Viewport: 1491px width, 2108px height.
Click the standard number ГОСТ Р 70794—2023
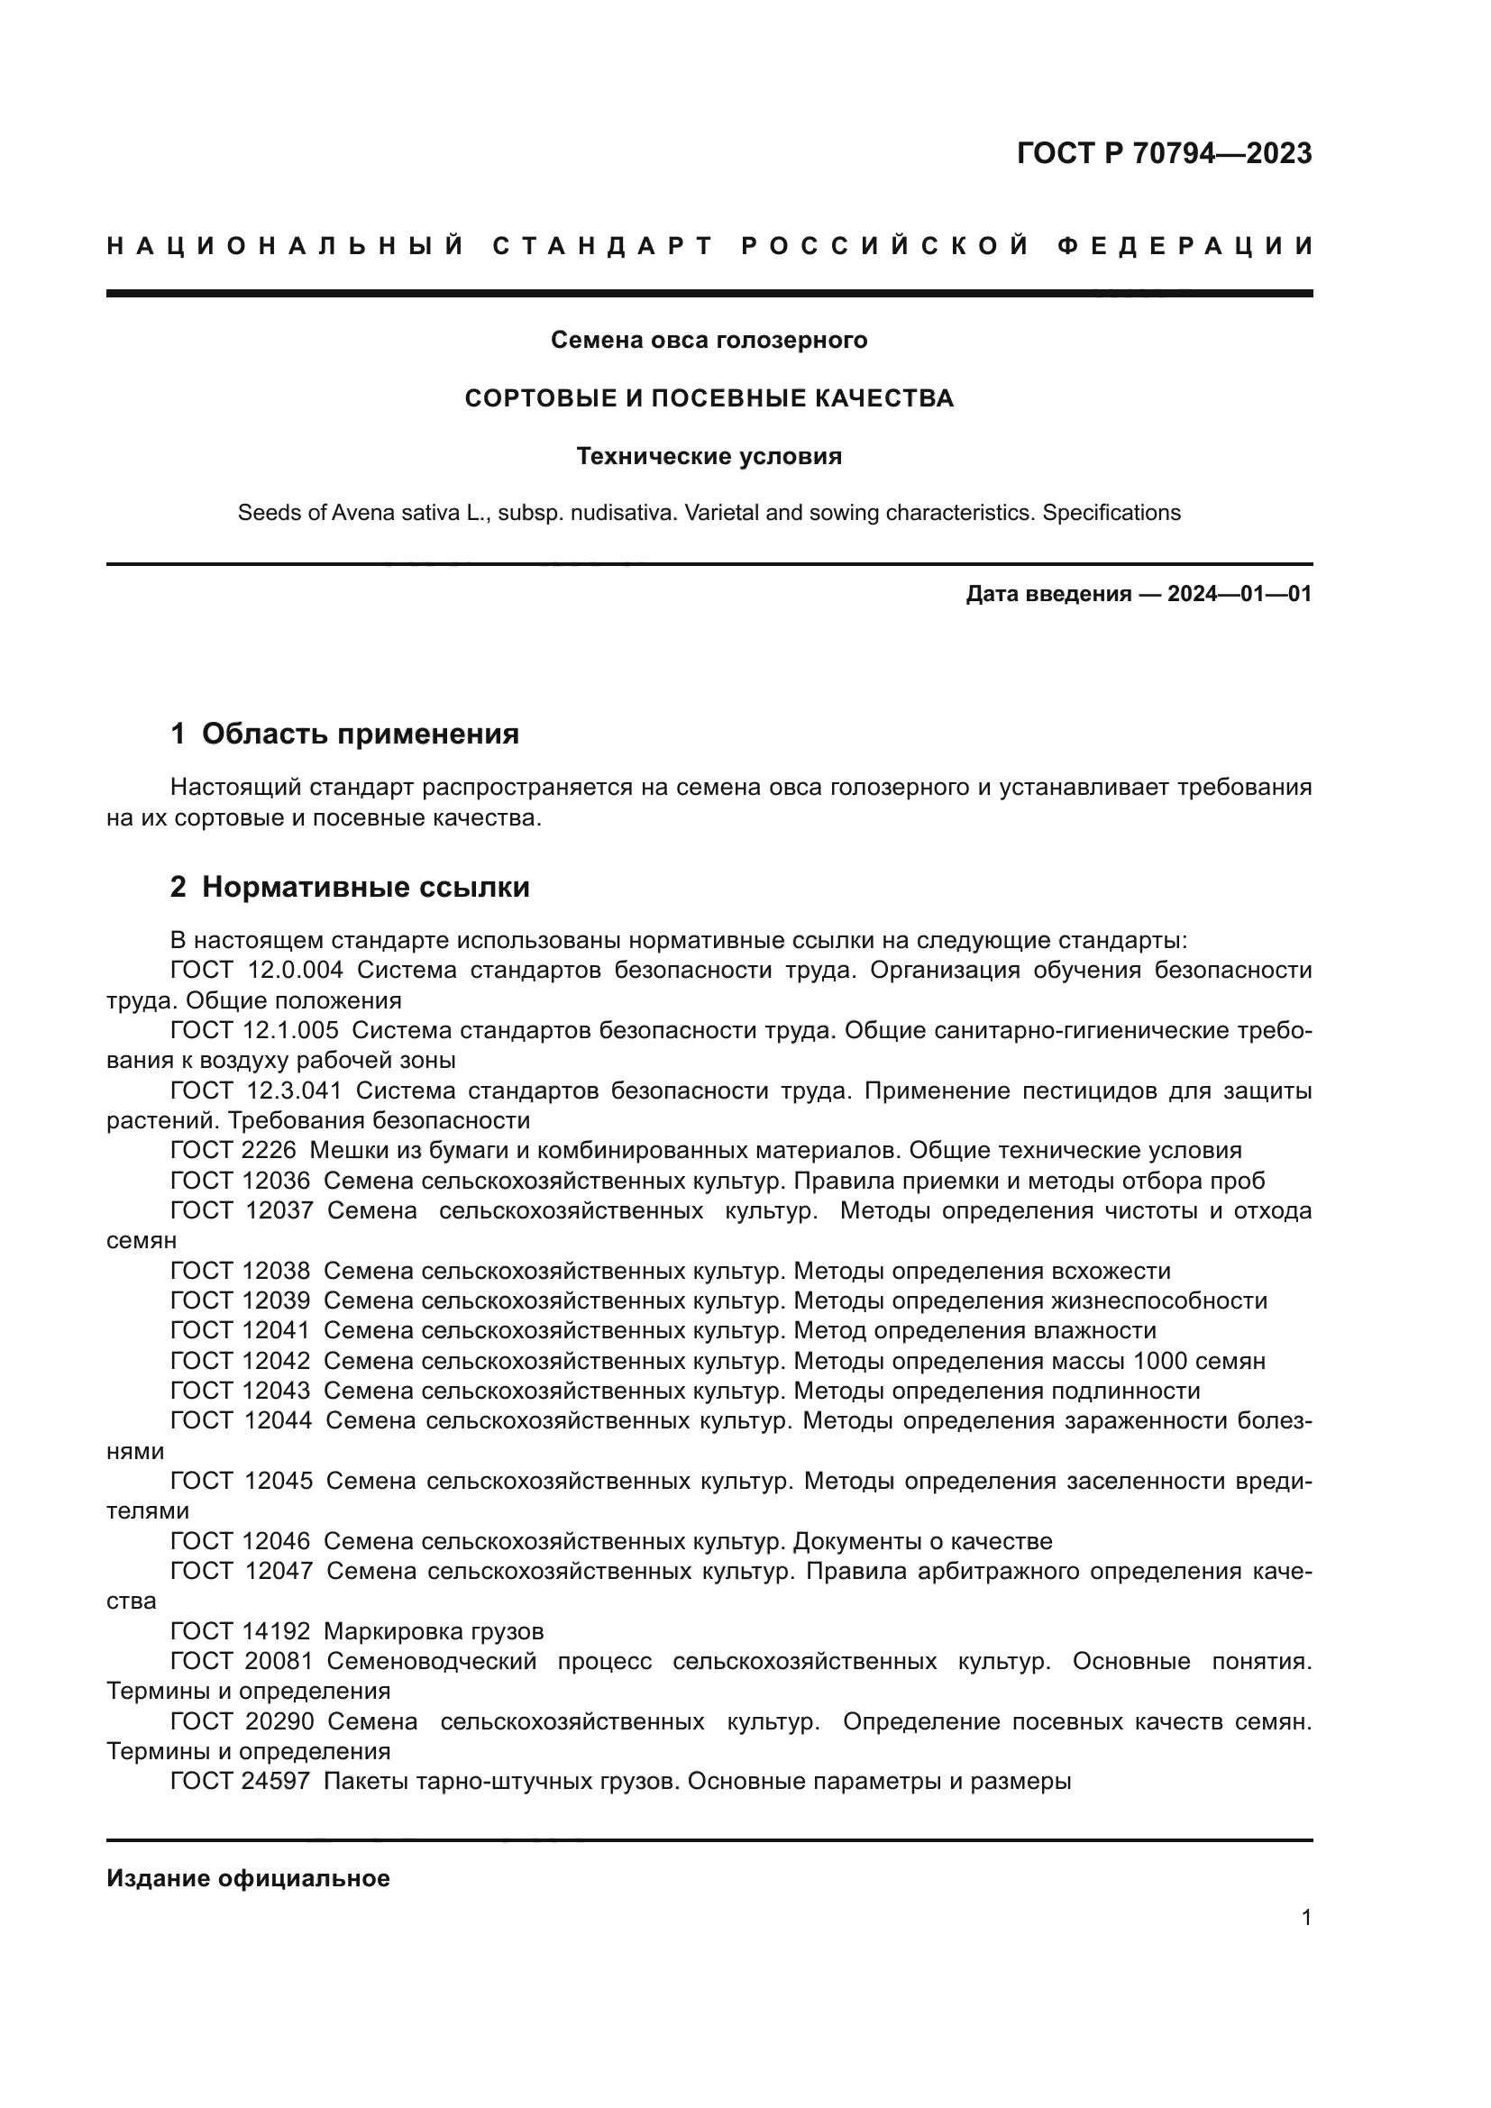(1163, 153)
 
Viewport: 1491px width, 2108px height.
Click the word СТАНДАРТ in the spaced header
(603, 246)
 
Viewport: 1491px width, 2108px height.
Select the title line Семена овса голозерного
(709, 341)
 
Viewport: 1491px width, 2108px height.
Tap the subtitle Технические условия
(709, 456)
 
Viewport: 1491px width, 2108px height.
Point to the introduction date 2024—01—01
(1239, 594)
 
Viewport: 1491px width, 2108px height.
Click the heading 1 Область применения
(344, 735)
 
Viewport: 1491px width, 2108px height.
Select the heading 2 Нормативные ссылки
(350, 887)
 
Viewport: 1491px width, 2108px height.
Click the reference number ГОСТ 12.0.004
(256, 971)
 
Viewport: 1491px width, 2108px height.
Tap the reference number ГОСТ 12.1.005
(254, 1031)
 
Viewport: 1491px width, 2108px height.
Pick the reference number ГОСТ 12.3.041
(256, 1091)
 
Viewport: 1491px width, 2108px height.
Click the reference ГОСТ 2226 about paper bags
(233, 1150)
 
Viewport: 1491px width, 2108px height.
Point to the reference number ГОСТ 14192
(241, 1631)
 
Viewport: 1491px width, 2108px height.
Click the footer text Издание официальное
(248, 1878)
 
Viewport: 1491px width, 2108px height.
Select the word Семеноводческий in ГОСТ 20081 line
(432, 1662)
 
